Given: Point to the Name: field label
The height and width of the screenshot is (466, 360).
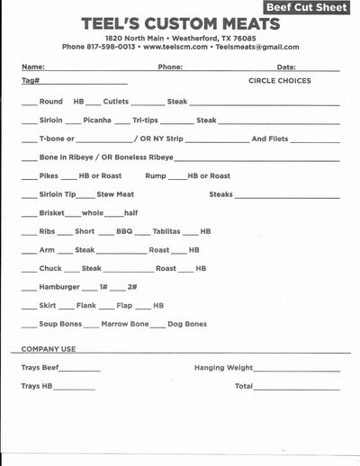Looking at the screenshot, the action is click(32, 67).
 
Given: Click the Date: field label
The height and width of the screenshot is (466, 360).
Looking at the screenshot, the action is click(286, 67).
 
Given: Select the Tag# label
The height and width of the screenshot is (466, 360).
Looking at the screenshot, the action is click(31, 81).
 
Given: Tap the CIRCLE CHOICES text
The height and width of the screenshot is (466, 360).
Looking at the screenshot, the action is click(280, 81).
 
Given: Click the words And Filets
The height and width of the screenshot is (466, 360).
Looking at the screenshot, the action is click(271, 139).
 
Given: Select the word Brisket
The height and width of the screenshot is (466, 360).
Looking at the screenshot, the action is click(52, 213).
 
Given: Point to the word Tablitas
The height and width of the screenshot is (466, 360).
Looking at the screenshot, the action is click(166, 231).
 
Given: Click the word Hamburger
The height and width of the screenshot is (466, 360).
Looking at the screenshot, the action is click(59, 287).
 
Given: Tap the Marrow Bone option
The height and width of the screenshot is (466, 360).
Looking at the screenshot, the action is click(125, 324).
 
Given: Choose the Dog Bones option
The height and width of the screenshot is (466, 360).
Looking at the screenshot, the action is click(187, 324).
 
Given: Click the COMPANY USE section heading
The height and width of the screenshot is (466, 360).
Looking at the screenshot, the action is click(49, 349).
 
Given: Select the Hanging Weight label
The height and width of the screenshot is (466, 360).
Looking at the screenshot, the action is click(223, 368).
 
